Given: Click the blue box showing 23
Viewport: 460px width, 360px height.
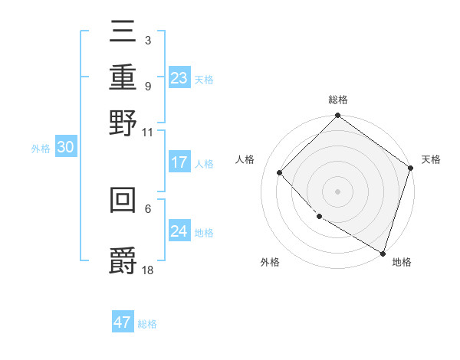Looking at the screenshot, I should point(179,77).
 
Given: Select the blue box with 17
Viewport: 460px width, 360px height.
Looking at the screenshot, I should point(179,162).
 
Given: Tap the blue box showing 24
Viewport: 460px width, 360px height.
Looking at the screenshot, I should point(179,231).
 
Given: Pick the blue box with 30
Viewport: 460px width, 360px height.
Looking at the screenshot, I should point(65,148).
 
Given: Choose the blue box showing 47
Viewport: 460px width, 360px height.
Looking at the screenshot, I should point(123,322).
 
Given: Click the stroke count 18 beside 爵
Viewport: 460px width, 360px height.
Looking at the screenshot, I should point(148,270).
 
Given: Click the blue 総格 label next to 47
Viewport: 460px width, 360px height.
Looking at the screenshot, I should point(148,324).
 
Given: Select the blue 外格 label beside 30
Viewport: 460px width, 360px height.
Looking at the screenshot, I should point(41,149).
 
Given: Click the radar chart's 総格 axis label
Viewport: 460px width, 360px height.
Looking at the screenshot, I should point(338,100).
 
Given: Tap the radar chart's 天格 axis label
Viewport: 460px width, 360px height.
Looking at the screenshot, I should point(431,159).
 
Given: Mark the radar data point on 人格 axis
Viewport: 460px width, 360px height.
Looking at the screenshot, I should point(280,172).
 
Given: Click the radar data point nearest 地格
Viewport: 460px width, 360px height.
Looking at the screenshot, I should point(382,252).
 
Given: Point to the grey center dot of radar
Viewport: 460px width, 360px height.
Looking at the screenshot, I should point(338,191).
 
